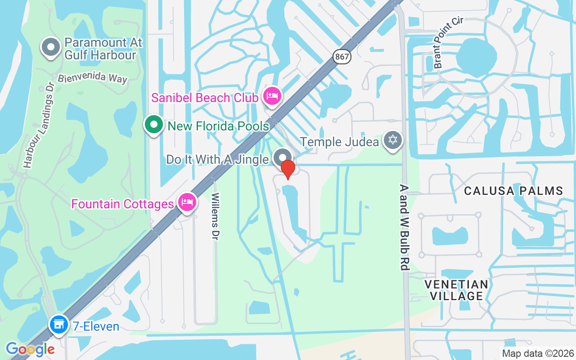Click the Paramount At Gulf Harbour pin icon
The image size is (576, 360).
(x=51, y=47)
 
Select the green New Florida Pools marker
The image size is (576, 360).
(x=154, y=125)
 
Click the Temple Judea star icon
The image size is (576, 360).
(x=393, y=140)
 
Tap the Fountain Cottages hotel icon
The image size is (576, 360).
(x=186, y=202)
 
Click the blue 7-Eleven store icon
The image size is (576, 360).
(x=58, y=325)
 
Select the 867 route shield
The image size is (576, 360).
(x=342, y=57)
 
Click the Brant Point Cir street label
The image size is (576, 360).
(x=448, y=43)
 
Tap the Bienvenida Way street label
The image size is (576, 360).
(x=92, y=77)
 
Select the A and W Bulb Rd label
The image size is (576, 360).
(x=404, y=227)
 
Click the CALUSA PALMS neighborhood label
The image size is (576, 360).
(x=513, y=191)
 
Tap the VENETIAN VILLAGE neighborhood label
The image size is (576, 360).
(x=457, y=290)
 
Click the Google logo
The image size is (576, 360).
(x=30, y=349)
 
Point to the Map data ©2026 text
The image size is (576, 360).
(x=538, y=353)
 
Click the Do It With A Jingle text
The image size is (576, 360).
(x=218, y=159)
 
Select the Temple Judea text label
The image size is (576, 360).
(x=339, y=142)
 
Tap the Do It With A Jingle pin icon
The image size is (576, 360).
(x=283, y=157)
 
